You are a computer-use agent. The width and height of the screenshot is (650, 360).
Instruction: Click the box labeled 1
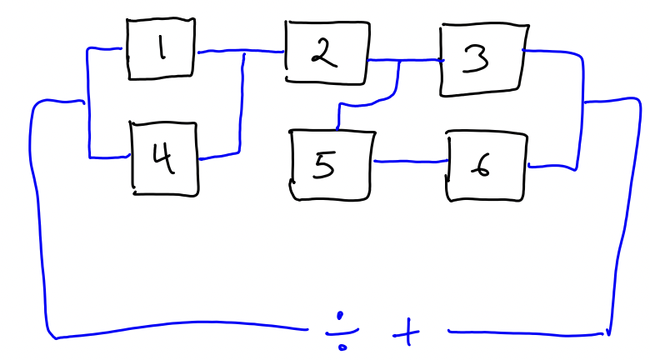pyautogui.click(x=162, y=50)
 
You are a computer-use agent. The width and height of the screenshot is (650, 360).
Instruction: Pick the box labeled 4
pyautogui.click(x=165, y=158)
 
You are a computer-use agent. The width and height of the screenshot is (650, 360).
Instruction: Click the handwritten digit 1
pyautogui.click(x=162, y=50)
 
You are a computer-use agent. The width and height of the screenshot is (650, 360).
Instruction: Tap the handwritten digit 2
pyautogui.click(x=322, y=55)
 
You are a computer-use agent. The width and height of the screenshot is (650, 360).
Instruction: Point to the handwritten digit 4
pyautogui.click(x=164, y=158)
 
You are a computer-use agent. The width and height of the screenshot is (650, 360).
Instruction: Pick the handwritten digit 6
pyautogui.click(x=482, y=167)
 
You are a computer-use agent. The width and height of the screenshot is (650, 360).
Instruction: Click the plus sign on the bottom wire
pyautogui.click(x=407, y=335)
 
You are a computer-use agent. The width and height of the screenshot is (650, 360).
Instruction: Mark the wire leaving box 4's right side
pyautogui.click(x=218, y=155)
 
